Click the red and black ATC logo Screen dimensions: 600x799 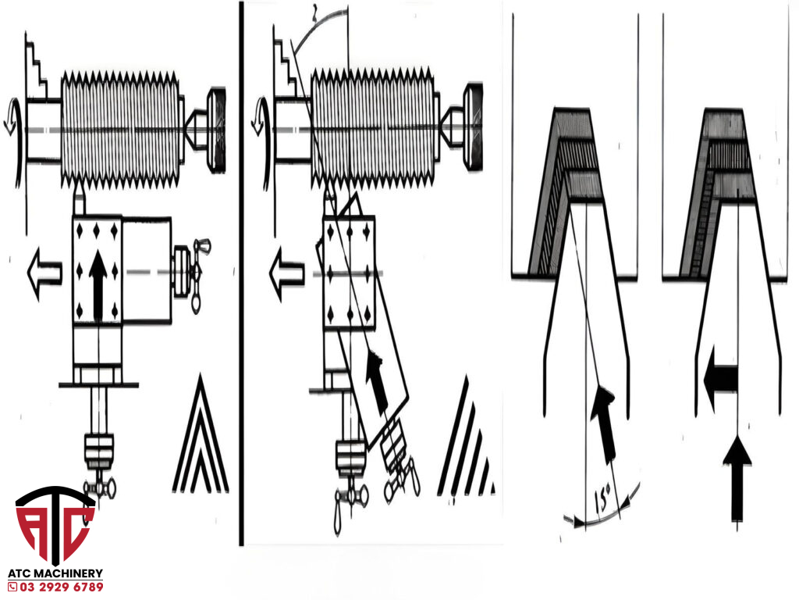click(55, 525)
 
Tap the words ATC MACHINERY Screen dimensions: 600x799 click(55, 573)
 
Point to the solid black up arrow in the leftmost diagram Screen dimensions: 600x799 click(98, 285)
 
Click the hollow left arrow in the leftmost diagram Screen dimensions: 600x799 click(43, 273)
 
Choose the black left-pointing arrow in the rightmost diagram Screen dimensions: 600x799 click(719, 380)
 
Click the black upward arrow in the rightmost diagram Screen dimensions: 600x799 click(736, 477)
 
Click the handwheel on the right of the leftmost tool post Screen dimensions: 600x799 click(191, 270)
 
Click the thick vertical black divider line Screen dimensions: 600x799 click(241, 273)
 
